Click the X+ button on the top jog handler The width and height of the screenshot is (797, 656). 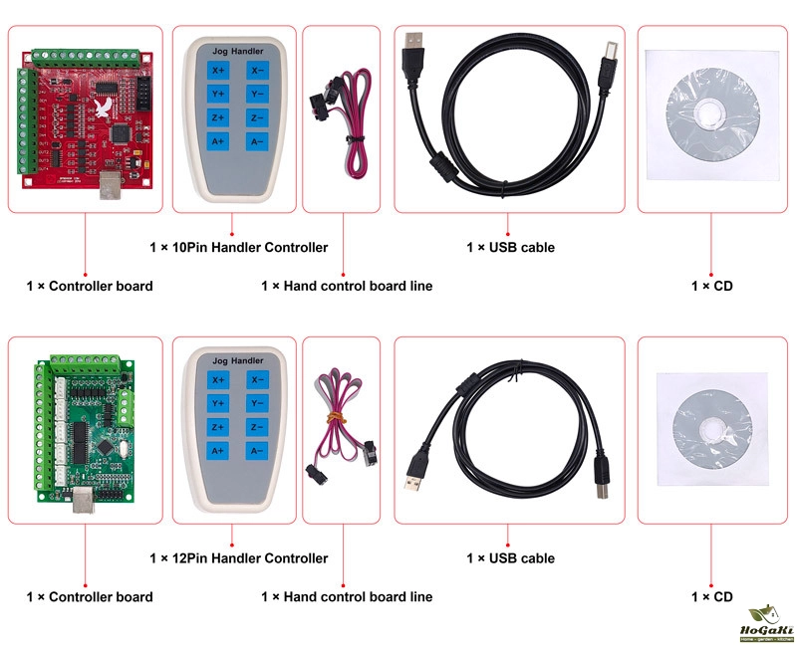click(x=218, y=70)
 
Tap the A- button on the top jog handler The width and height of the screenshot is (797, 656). click(x=257, y=141)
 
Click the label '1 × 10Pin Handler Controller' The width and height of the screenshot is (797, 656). click(x=238, y=247)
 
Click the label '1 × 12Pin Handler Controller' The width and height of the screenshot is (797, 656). click(x=238, y=558)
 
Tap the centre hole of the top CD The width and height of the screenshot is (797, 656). click(x=709, y=110)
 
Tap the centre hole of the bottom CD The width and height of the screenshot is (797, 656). click(x=709, y=427)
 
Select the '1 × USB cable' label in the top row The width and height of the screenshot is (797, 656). click(x=510, y=247)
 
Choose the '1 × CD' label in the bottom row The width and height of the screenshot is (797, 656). click(x=711, y=597)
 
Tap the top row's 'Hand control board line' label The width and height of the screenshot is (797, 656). click(x=347, y=286)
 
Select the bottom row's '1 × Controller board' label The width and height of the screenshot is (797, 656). click(x=90, y=597)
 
